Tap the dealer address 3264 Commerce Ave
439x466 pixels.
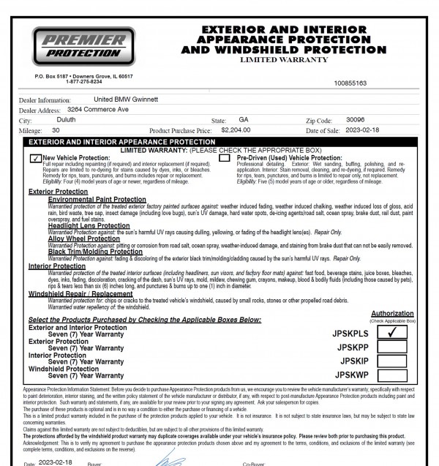click(93, 108)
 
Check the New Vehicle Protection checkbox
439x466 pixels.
click(34, 157)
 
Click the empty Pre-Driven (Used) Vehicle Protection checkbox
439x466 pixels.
click(225, 157)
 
